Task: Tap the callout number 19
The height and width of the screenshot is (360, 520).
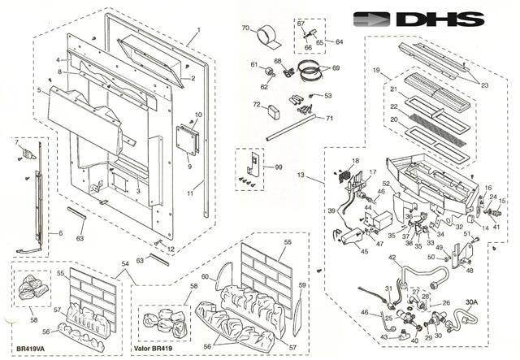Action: (x=377, y=72)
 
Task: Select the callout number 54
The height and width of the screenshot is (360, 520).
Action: (x=123, y=264)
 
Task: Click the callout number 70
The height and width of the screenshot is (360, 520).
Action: (x=245, y=28)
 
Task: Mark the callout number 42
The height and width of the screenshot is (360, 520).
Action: (x=392, y=258)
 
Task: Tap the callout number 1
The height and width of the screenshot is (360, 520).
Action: (x=197, y=38)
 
